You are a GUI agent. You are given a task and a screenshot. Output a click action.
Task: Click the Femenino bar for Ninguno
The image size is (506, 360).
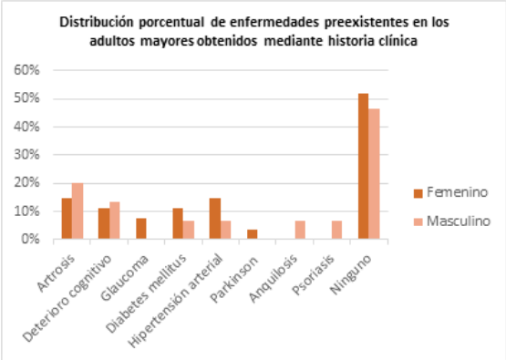pyautogui.click(x=364, y=167)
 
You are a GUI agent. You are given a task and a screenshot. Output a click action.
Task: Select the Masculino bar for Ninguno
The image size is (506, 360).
pyautogui.click(x=375, y=174)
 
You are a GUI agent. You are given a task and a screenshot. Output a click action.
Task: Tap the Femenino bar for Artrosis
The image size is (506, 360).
pyautogui.click(x=67, y=219)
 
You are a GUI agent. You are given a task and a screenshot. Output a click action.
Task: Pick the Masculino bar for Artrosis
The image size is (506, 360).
pyautogui.click(x=78, y=211)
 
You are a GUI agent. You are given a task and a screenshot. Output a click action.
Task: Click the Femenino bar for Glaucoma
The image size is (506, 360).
pyautogui.click(x=141, y=229)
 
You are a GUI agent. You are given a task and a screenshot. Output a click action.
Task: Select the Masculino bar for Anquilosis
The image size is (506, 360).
pyautogui.click(x=300, y=231)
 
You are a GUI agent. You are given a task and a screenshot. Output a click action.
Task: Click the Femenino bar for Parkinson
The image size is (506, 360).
pyautogui.click(x=253, y=234)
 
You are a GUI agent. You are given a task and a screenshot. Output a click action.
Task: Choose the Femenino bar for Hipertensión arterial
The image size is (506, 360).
pyautogui.click(x=215, y=219)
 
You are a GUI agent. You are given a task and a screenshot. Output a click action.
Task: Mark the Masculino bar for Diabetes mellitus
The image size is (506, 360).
pyautogui.click(x=189, y=231)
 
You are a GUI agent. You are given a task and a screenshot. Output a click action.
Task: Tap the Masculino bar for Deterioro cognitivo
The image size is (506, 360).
pyautogui.click(x=115, y=221)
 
